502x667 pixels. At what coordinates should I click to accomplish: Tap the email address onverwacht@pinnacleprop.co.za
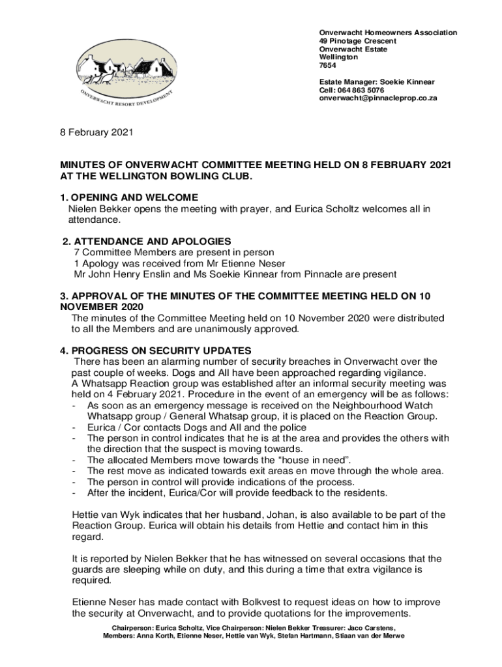coord(377,98)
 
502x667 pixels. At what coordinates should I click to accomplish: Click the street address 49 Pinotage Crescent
coord(357,41)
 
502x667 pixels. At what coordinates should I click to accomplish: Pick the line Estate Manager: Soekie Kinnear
coord(376,82)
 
